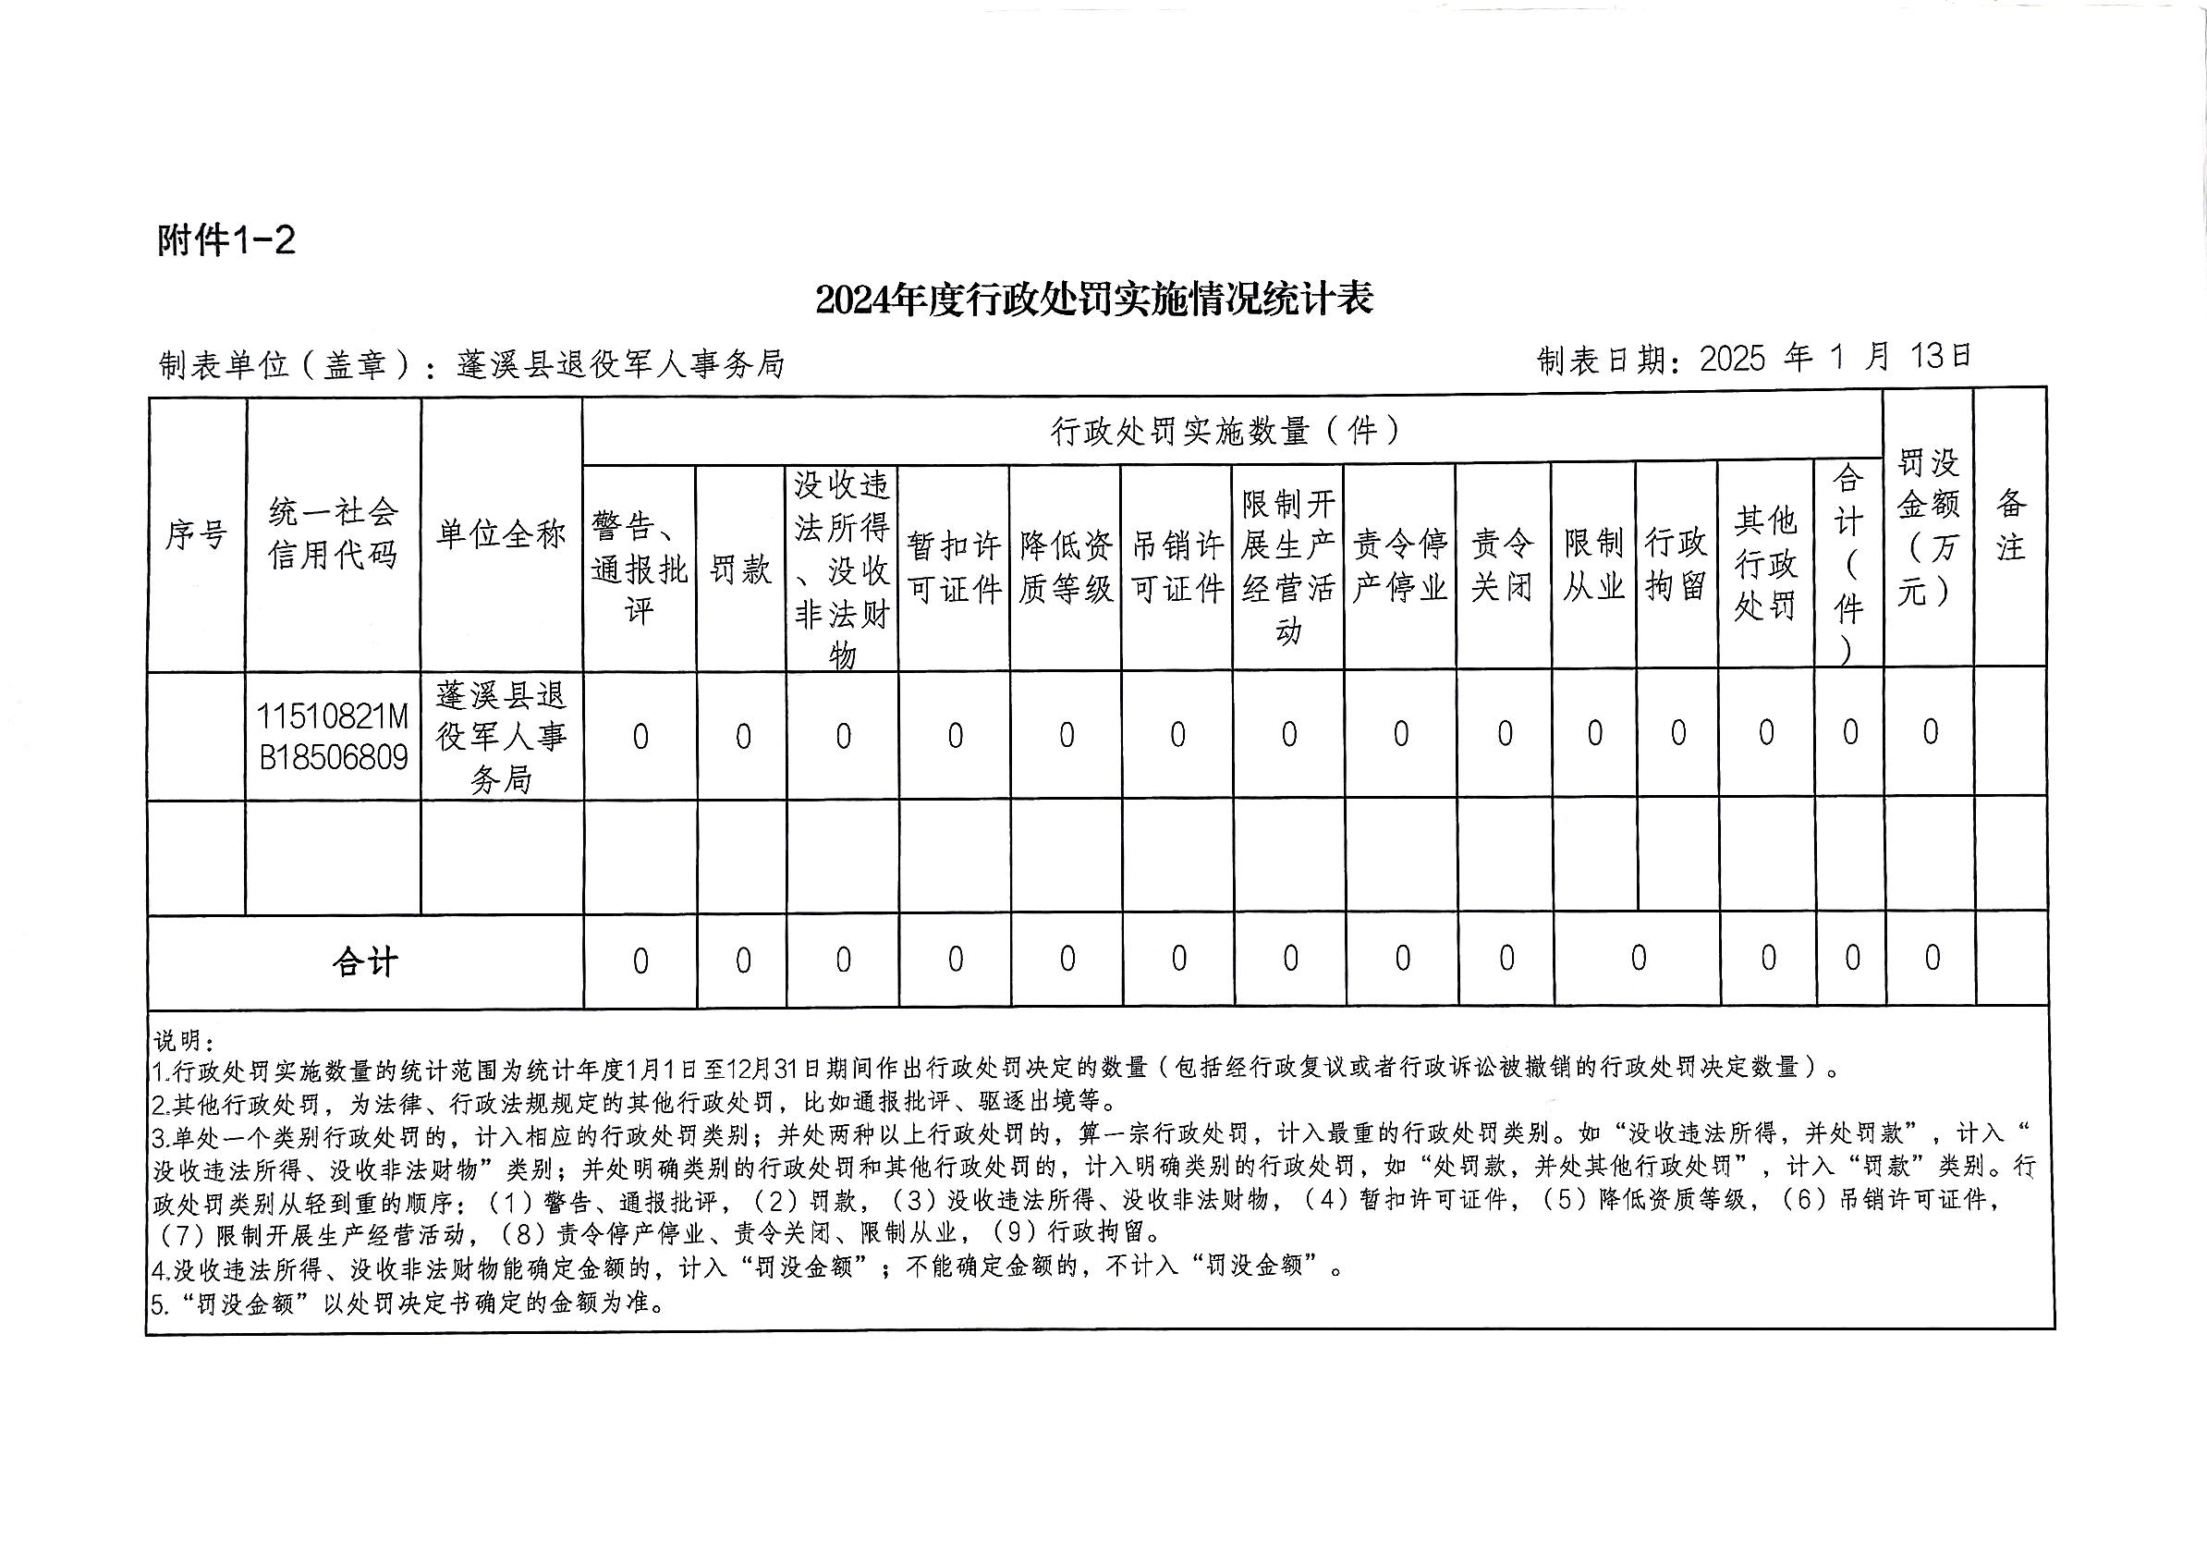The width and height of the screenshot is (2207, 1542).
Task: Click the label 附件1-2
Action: coord(226,240)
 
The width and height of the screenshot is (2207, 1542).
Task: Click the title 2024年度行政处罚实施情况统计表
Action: coord(1094,300)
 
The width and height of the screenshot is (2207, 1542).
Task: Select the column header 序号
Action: coord(196,534)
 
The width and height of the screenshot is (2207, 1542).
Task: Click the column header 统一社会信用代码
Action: coord(333,533)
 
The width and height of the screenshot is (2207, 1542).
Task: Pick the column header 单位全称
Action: coord(501,534)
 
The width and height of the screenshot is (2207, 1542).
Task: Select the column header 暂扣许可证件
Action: coord(954,568)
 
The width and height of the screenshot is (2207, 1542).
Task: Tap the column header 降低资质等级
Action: coord(1065,568)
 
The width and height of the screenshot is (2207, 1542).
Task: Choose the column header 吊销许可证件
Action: coord(1177,568)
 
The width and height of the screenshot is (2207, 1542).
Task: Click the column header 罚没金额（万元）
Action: coord(1928,529)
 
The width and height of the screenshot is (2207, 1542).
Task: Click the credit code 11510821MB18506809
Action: coord(333,738)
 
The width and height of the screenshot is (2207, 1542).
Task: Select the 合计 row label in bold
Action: coord(365,961)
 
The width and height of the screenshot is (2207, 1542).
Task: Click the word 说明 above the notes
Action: coord(183,1041)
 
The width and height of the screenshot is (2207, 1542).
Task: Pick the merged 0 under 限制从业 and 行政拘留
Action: coord(1638,959)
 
